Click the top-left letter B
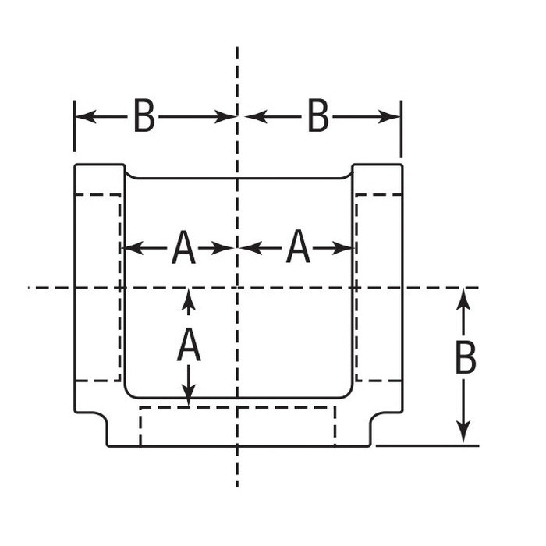(x=144, y=117)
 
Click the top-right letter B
(x=317, y=117)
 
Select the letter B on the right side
(x=465, y=359)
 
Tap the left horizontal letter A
(x=183, y=248)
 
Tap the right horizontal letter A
(x=298, y=248)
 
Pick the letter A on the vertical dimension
(x=189, y=346)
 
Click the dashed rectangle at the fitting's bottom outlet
(x=237, y=426)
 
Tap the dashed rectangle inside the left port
(x=97, y=287)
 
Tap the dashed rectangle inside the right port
(x=379, y=287)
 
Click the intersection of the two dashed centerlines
(x=237, y=288)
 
